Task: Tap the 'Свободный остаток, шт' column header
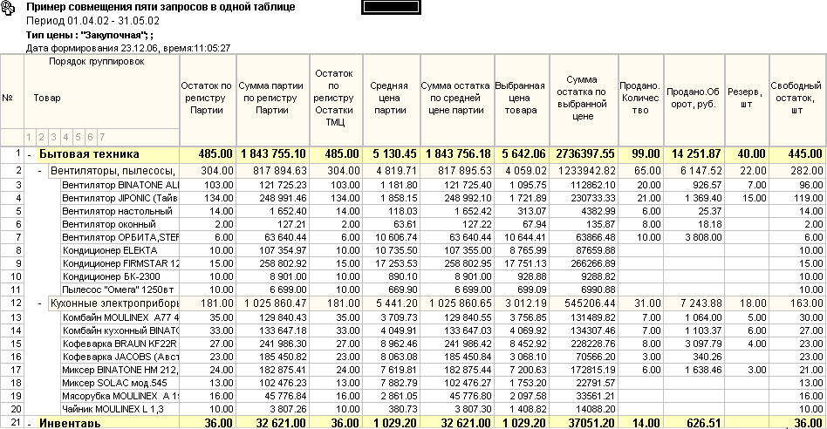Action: [796, 98]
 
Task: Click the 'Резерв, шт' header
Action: [747, 98]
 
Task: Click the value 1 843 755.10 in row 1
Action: [273, 154]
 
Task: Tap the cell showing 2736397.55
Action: [584, 154]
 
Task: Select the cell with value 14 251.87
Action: [693, 154]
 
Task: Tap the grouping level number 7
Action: [101, 137]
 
